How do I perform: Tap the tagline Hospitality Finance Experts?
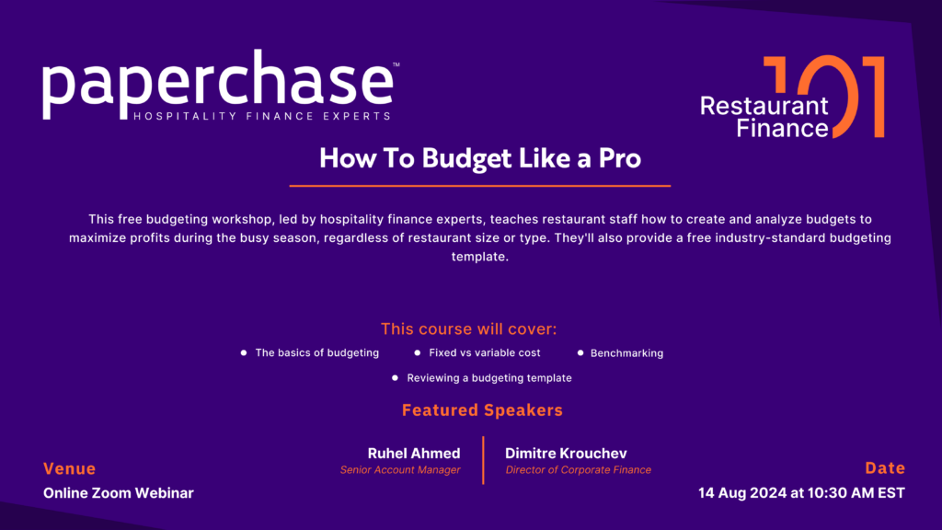point(261,116)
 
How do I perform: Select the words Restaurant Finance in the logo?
point(764,117)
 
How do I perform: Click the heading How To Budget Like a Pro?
point(479,157)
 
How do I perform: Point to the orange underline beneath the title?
point(479,186)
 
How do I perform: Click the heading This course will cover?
point(469,328)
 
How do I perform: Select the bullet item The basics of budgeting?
point(316,352)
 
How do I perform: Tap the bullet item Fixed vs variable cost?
point(485,352)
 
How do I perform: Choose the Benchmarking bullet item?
point(626,353)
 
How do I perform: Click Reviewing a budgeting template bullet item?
point(488,377)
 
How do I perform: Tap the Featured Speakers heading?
point(482,410)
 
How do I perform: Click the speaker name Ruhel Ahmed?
point(414,454)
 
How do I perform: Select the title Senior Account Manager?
point(400,470)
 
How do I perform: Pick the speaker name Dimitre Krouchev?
point(567,454)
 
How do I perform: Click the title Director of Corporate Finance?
point(578,470)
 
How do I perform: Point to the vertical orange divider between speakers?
point(483,459)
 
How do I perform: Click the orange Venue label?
point(69,469)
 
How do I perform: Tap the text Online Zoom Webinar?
point(119,493)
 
